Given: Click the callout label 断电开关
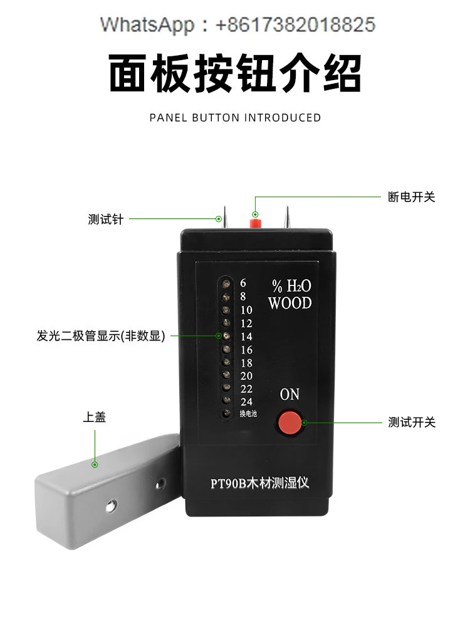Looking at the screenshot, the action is click(411, 197).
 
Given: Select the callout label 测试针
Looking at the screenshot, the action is click(106, 220).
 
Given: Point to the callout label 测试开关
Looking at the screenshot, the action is click(411, 422).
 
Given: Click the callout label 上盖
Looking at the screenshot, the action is click(94, 418).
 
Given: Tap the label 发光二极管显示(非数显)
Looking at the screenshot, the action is click(100, 336).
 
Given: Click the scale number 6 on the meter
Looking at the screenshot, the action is click(243, 283).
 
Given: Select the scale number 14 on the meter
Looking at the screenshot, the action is click(246, 337).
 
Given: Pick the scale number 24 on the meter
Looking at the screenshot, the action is click(246, 402).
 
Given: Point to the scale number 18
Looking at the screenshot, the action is click(246, 363).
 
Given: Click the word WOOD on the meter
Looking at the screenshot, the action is click(290, 304).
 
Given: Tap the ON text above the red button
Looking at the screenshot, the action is click(290, 394).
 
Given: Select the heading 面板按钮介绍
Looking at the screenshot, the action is click(235, 74).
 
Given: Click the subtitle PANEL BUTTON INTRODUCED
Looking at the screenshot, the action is click(235, 118).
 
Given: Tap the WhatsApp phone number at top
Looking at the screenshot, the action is click(295, 25).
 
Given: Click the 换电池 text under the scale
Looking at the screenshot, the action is click(248, 413).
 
